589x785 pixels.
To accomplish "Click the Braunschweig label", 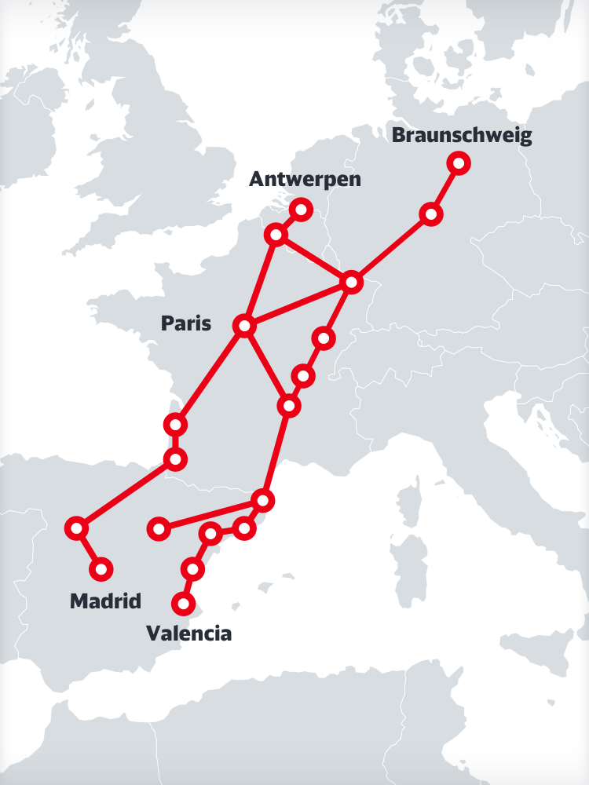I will point(462,135).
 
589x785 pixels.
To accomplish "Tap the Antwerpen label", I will point(305,179).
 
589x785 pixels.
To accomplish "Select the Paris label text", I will point(186,323).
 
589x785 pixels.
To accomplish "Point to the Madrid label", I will point(105,601).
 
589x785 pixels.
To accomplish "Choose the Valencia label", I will point(189,633).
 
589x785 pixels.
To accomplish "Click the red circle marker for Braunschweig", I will point(459,163).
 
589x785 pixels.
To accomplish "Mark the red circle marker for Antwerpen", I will point(301,210).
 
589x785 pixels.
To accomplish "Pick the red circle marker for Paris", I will point(245,325).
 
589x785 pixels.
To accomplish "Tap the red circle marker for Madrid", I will point(101,568).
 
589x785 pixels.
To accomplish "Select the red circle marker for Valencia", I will point(184,604).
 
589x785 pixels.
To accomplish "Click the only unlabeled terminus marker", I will point(159,529).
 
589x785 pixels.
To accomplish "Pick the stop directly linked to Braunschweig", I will point(430,214).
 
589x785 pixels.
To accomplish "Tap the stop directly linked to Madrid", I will point(76,528).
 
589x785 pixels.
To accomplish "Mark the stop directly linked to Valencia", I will point(192,568).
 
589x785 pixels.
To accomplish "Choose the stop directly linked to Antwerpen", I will point(276,234).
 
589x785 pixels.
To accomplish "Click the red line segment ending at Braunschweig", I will point(444,188).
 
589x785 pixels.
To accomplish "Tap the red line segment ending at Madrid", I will point(88,548).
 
